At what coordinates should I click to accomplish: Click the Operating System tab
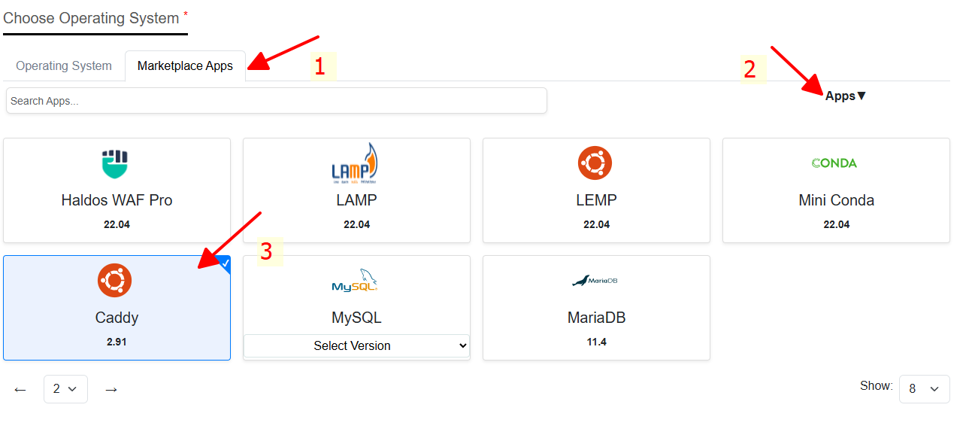[x=64, y=66]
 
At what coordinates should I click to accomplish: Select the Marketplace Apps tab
[x=185, y=66]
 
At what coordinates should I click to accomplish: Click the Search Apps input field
[x=276, y=101]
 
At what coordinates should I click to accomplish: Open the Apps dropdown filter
[x=846, y=96]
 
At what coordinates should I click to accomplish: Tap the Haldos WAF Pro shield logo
[x=116, y=164]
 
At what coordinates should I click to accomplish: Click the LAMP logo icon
[x=355, y=163]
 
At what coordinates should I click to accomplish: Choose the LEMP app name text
[x=596, y=200]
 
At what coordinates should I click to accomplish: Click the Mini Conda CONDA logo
[x=834, y=163]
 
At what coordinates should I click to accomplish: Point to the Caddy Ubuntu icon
[x=115, y=281]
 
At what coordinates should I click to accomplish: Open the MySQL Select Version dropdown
[x=356, y=346]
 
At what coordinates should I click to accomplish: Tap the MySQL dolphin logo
[x=355, y=281]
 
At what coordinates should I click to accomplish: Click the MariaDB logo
[x=595, y=281]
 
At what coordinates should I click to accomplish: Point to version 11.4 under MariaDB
[x=596, y=342]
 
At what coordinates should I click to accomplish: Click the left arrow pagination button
[x=20, y=390]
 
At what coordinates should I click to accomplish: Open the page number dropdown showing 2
[x=65, y=389]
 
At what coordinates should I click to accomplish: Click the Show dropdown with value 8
[x=924, y=389]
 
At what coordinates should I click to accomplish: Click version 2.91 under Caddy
[x=117, y=342]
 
